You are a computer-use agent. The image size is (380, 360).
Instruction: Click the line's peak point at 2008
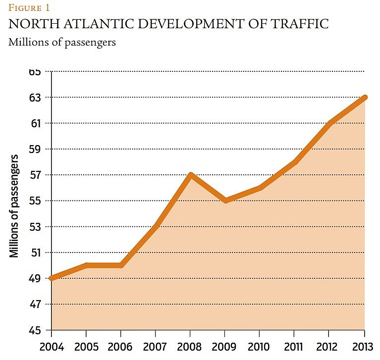coord(191,175)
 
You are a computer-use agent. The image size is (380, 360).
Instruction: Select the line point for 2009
coord(225,201)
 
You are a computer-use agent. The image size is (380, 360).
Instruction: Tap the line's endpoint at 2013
coord(365,97)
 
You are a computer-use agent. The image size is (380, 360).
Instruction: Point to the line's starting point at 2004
coord(52,278)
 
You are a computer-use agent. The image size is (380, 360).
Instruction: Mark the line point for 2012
coord(330,123)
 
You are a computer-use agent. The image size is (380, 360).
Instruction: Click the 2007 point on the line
coord(156,226)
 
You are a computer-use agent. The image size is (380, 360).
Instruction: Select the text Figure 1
coord(29,7)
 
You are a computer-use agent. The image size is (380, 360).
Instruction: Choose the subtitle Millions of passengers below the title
coord(62,42)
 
